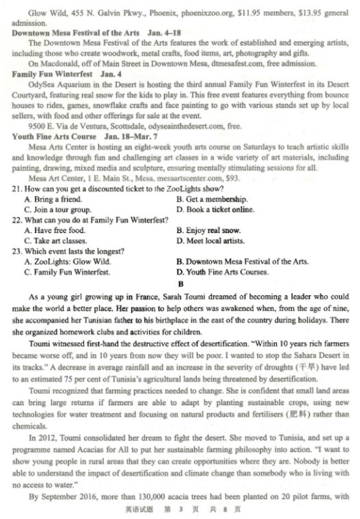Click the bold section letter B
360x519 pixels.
(x=180, y=284)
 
